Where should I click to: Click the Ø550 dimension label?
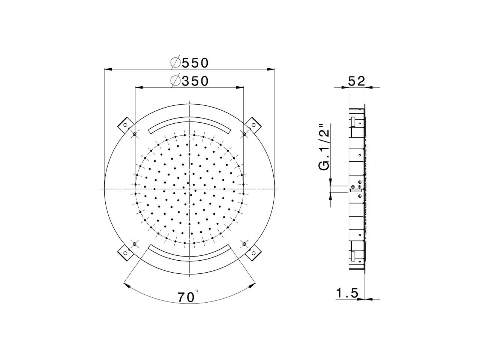(x=189, y=63)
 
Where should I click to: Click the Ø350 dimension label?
(x=189, y=81)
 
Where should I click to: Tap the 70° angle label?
(x=187, y=297)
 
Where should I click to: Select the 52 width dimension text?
(x=356, y=81)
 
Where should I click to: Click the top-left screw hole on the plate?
(x=135, y=134)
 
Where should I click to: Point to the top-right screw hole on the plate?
(x=244, y=134)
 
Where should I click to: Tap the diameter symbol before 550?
(x=175, y=63)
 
